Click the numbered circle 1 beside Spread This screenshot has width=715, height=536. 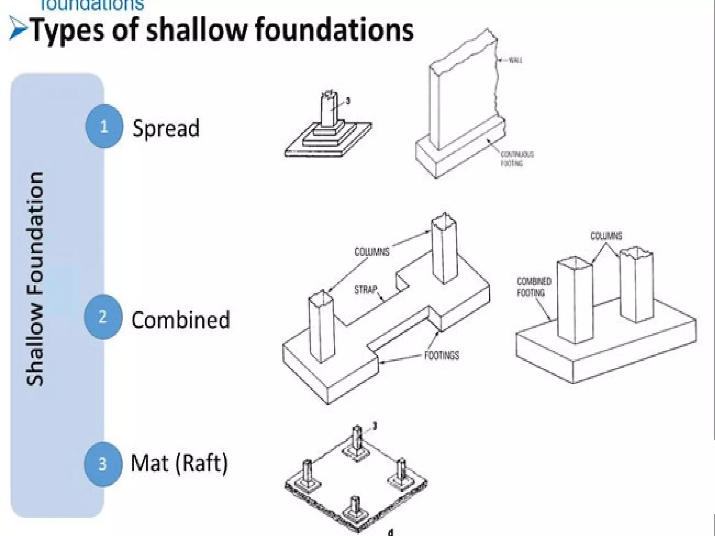point(104,126)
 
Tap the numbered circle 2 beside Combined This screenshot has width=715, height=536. point(103,317)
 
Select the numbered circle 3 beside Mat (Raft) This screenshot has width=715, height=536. point(103,464)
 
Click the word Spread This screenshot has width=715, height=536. point(166,128)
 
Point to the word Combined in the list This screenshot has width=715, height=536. point(180,319)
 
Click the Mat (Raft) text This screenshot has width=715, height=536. point(179,463)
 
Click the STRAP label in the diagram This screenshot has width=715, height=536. point(366,289)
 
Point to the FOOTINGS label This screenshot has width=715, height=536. point(442,356)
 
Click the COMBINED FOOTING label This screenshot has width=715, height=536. point(534,287)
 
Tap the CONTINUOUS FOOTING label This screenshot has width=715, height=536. point(517,159)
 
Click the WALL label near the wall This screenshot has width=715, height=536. point(515,60)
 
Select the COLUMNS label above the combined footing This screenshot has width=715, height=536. point(606,236)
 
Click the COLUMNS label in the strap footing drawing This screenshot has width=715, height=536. point(372,252)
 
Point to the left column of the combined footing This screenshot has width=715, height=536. point(574,300)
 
